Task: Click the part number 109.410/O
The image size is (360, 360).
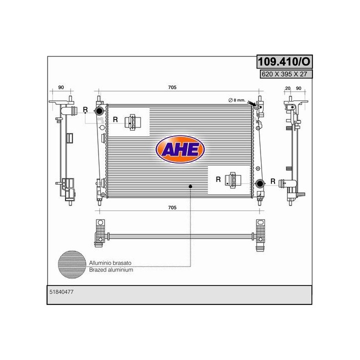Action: [x=284, y=61]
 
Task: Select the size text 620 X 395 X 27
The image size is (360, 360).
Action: [x=284, y=74]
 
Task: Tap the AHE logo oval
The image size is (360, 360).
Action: [x=180, y=149]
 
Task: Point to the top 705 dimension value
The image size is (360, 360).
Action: [x=172, y=87]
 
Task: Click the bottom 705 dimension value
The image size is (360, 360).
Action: [x=172, y=207]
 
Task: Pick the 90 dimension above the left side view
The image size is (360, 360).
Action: [x=61, y=87]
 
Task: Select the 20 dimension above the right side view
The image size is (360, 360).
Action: [x=287, y=88]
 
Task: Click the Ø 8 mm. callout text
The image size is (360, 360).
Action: [x=237, y=100]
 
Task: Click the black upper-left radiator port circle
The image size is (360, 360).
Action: [x=99, y=110]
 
